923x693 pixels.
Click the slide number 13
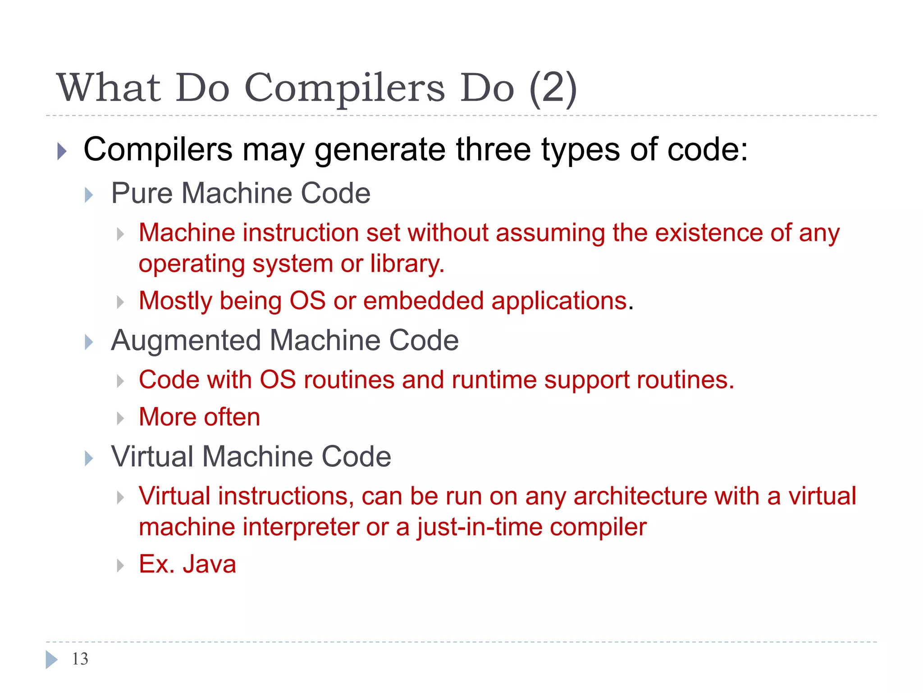click(80, 659)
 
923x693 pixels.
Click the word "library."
click(407, 263)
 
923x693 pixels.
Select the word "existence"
click(708, 233)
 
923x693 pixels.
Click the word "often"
click(232, 417)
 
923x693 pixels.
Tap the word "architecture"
click(640, 496)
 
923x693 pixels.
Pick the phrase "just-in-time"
click(479, 527)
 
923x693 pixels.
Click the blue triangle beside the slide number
click(51, 659)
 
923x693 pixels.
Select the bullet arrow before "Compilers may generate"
click(62, 151)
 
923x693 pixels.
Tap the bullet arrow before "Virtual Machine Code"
click(89, 458)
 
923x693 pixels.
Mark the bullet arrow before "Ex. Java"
click(120, 565)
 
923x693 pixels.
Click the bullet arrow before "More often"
click(120, 418)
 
